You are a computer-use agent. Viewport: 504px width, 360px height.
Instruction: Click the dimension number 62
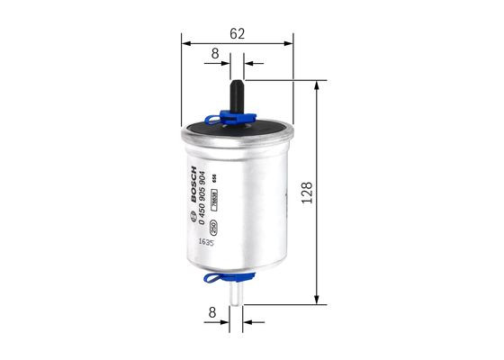point(238,33)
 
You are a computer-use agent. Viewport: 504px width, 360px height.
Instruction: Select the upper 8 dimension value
point(214,54)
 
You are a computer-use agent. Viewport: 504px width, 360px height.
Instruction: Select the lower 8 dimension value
point(212,314)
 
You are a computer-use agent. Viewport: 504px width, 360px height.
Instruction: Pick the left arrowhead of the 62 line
point(185,41)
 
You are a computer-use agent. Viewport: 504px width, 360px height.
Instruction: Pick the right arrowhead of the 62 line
point(289,41)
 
